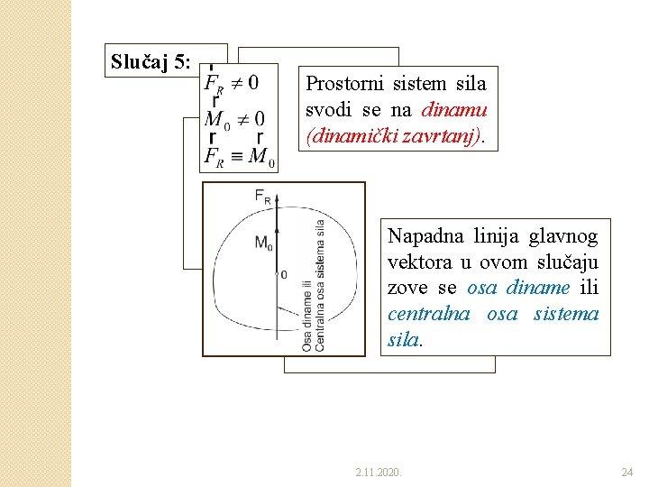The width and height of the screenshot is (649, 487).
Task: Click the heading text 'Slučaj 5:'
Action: coord(151,61)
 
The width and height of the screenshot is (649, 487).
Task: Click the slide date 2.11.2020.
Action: coord(379,472)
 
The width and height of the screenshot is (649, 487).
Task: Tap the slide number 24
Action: coord(627,472)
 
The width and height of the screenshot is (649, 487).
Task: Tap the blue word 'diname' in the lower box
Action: coord(538,288)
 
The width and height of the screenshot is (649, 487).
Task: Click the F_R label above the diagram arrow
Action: coord(263,196)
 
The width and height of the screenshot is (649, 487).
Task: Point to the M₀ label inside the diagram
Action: coord(263,243)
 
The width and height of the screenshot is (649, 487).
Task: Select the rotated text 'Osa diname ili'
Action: coord(306,315)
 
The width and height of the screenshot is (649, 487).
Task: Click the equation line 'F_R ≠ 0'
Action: coord(233,83)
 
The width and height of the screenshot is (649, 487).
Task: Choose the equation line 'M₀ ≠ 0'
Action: coord(235,119)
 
